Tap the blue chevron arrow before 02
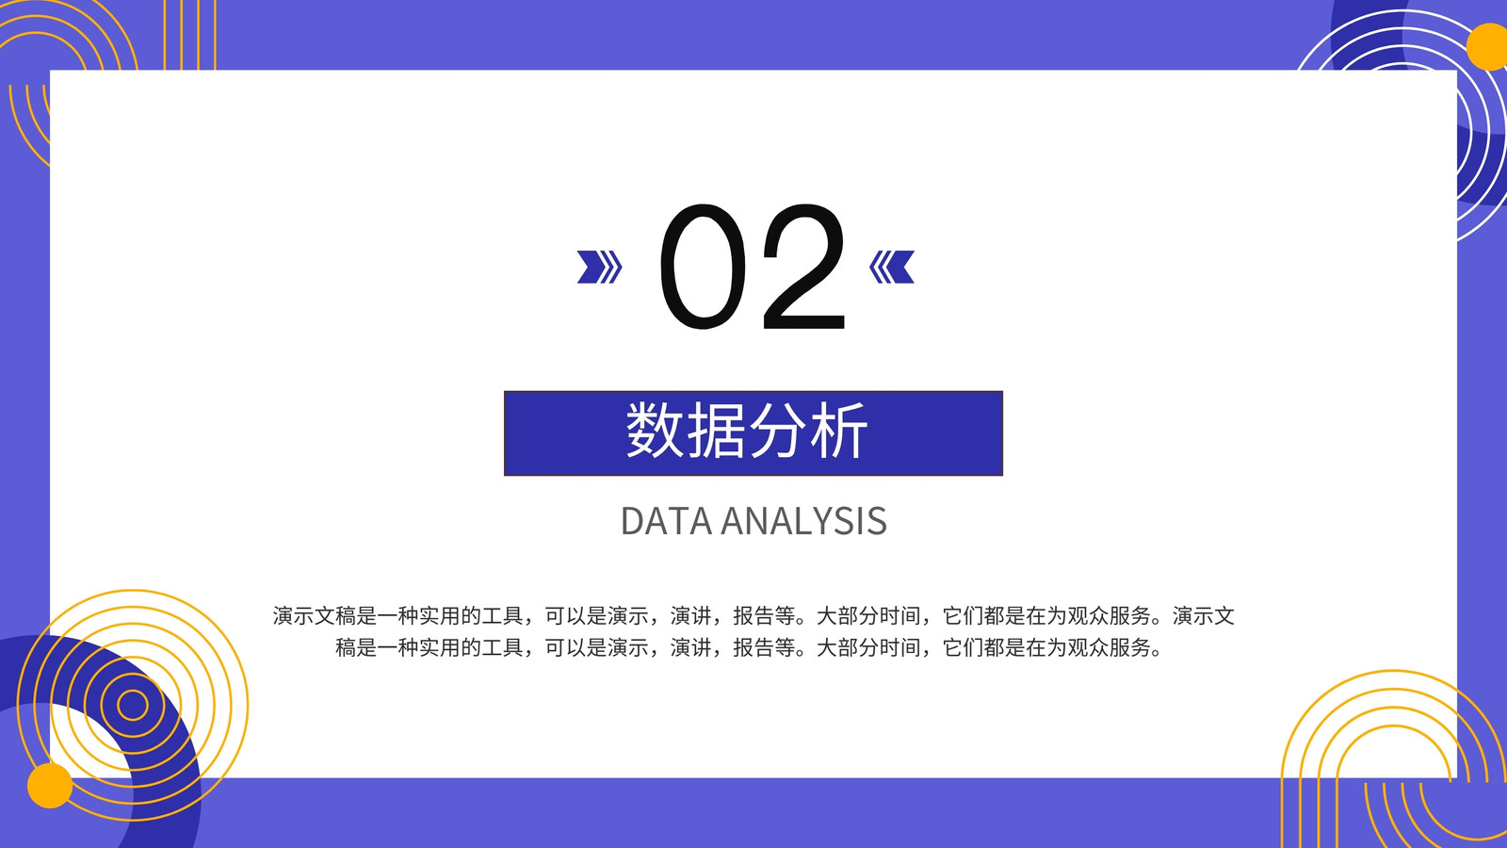599,267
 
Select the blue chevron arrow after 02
891,267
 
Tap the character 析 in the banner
838,430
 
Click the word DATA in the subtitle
666,521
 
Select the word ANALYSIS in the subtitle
804,521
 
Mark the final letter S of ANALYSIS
877,521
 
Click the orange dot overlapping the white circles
1487,46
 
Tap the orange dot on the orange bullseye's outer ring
50,786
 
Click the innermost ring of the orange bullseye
133,706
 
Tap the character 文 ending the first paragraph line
1223,616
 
